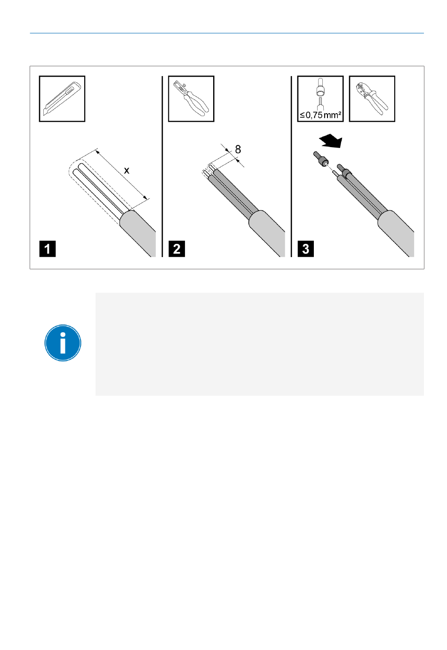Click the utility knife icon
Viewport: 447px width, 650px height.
pos(62,99)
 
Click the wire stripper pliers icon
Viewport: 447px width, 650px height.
pos(191,99)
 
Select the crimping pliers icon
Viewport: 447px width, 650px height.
pos(372,99)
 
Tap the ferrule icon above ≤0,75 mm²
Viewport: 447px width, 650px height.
pos(320,94)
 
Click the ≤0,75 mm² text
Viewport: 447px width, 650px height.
pos(320,115)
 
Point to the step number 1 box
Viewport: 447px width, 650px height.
pos(48,249)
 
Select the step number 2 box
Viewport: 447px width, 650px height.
pos(176,249)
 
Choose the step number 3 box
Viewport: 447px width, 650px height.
pos(305,249)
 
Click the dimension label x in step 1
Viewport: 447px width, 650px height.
pos(127,170)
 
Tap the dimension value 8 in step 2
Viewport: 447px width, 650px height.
pos(238,149)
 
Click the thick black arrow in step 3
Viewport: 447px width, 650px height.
pos(331,141)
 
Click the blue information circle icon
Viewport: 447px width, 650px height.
pos(63,343)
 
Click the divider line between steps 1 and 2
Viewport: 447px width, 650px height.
pos(162,166)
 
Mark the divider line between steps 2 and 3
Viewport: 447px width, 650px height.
pos(291,166)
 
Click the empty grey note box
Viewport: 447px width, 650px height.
pos(260,344)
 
